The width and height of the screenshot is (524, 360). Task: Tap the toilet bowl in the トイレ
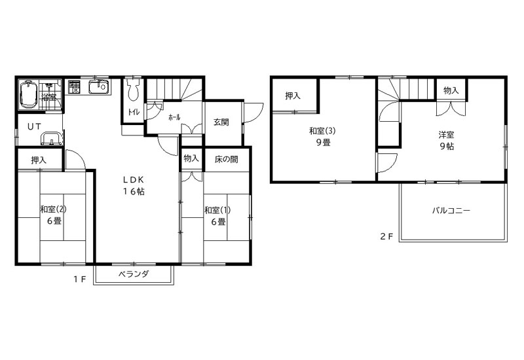click(x=134, y=90)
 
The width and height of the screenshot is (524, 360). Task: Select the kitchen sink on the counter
click(x=98, y=87)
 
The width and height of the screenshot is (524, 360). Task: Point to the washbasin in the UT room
click(x=52, y=138)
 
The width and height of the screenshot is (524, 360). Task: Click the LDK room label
click(x=134, y=180)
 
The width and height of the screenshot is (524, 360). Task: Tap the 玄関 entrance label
click(x=221, y=122)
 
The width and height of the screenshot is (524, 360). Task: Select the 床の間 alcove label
click(x=226, y=159)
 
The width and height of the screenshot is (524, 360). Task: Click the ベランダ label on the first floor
click(x=134, y=274)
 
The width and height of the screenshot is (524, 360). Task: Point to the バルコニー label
click(x=451, y=210)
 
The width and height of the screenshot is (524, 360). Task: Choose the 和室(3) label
click(x=322, y=131)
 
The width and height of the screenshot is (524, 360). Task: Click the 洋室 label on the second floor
click(x=447, y=135)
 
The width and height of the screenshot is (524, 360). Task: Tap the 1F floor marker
click(x=80, y=279)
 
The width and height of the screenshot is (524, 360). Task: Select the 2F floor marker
click(x=386, y=236)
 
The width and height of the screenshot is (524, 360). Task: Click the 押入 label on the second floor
click(x=293, y=96)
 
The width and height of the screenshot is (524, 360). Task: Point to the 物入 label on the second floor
click(x=451, y=90)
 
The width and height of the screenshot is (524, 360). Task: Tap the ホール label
click(x=174, y=117)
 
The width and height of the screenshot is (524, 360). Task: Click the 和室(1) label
click(x=217, y=210)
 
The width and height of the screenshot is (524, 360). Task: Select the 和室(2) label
click(x=53, y=209)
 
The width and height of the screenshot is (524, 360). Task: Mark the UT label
click(x=35, y=126)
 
